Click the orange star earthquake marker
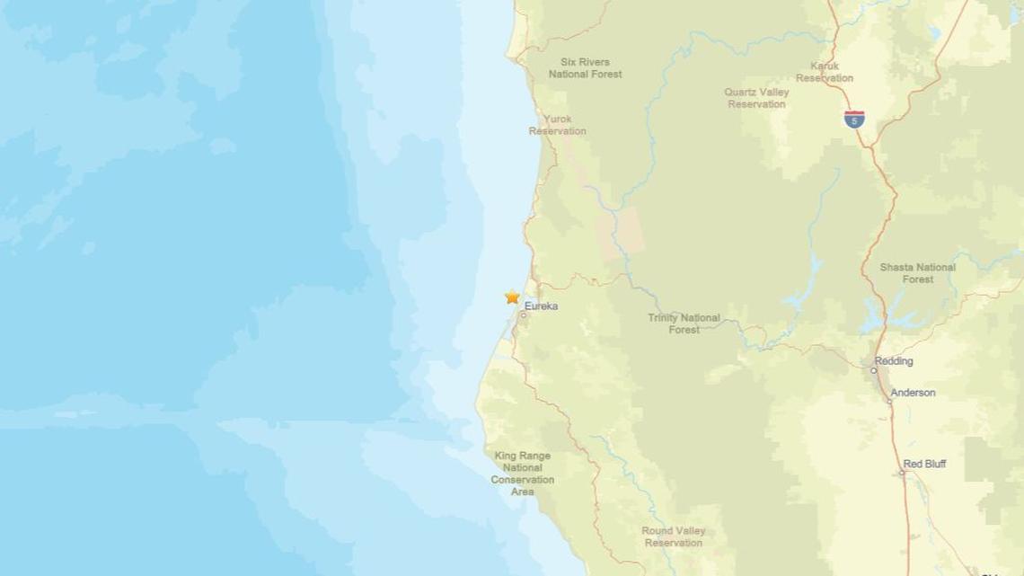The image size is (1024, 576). (x=512, y=297)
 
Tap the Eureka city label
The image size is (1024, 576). (x=542, y=306)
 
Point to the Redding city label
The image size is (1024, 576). (x=895, y=361)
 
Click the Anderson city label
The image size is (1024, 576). (x=913, y=393)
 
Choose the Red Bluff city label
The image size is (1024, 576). (x=924, y=465)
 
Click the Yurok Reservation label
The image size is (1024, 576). (x=557, y=125)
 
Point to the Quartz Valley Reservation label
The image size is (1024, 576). (x=756, y=98)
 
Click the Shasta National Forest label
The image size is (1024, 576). (x=918, y=273)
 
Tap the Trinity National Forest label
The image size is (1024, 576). (x=684, y=323)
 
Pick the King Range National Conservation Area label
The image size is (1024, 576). (x=523, y=474)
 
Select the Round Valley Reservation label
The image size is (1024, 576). (x=672, y=536)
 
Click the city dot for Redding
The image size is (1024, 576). (x=874, y=369)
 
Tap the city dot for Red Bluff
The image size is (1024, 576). (x=902, y=473)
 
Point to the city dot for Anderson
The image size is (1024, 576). (x=889, y=401)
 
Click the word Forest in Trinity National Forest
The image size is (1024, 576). (x=684, y=330)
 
